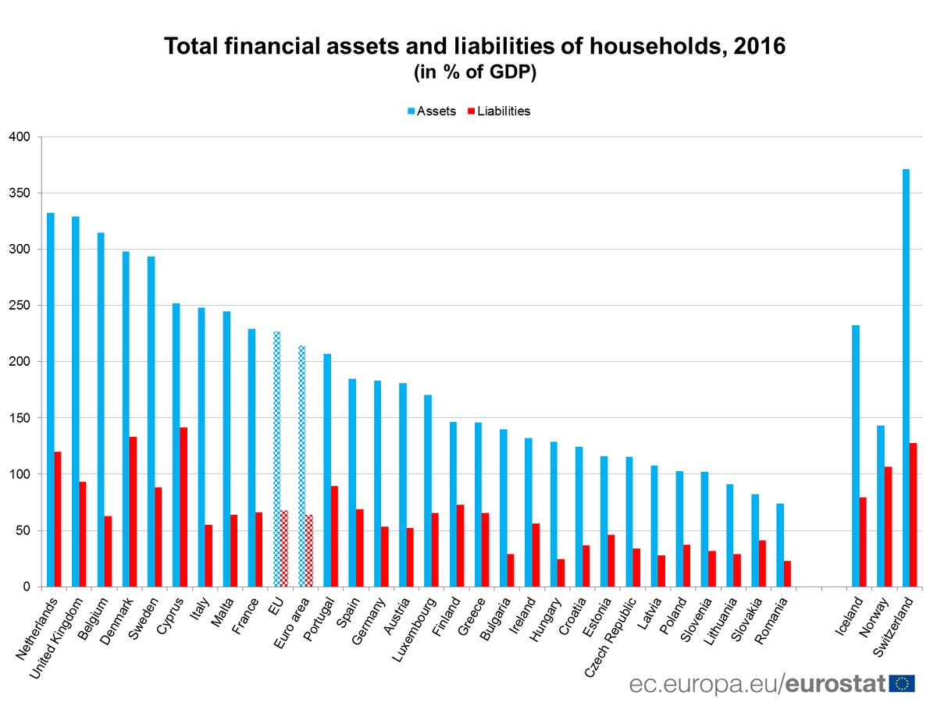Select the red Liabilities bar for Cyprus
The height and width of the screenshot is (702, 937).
(x=184, y=507)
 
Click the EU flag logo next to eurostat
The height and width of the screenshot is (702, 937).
(x=903, y=683)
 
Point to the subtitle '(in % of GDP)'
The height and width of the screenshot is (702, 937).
(x=475, y=73)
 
